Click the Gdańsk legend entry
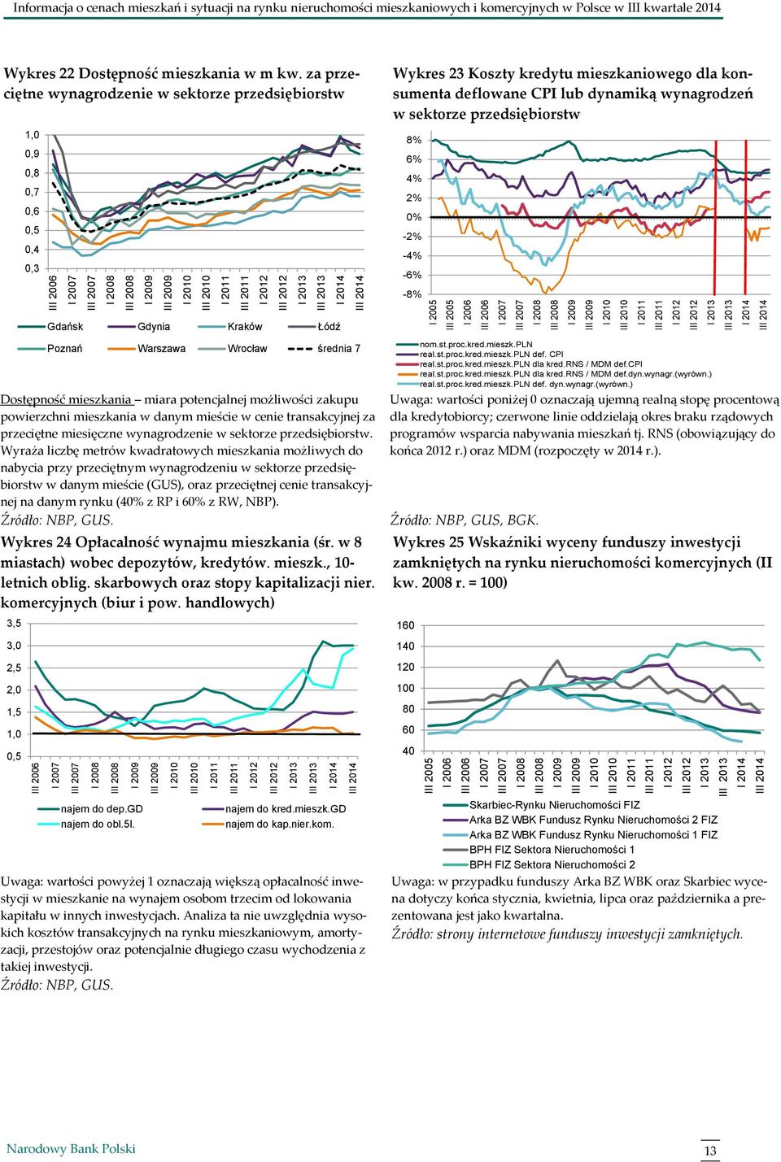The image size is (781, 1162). tap(50, 327)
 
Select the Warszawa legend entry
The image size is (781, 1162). tap(146, 349)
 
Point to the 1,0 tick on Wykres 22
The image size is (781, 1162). tap(33, 135)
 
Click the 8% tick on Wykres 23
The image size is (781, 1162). tap(413, 140)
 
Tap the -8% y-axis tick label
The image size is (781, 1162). tap(412, 294)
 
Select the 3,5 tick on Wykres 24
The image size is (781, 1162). tap(15, 624)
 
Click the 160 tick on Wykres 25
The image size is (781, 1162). tap(406, 625)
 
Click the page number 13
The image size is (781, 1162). tap(710, 1151)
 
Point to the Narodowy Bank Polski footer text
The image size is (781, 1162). tap(71, 1149)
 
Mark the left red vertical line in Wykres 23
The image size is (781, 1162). tap(715, 217)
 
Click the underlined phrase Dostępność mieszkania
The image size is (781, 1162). tap(66, 400)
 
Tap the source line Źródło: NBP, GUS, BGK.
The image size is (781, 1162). tap(465, 520)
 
